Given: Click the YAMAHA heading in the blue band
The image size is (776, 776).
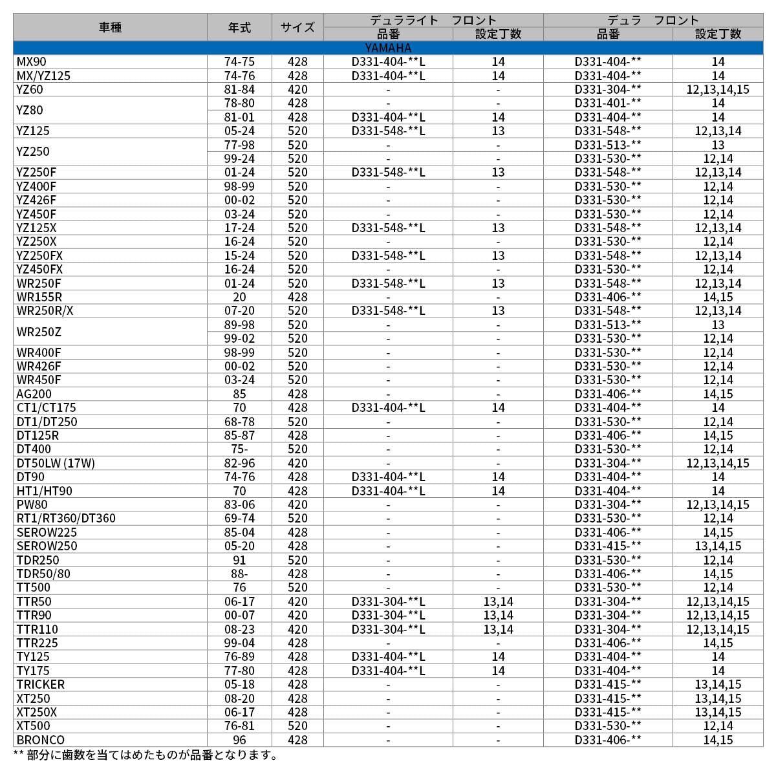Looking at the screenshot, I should click(x=387, y=48).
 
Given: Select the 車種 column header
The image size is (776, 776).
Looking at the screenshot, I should click(x=110, y=27).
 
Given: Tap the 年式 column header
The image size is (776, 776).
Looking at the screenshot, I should click(x=239, y=27).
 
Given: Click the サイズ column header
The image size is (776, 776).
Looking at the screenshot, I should click(x=297, y=27).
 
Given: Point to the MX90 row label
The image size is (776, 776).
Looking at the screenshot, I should click(x=32, y=61).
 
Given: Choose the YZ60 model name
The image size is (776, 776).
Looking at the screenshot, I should click(x=30, y=89).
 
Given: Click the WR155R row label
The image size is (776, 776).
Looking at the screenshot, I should click(x=39, y=297).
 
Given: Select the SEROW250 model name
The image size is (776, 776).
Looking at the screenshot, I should click(x=47, y=546).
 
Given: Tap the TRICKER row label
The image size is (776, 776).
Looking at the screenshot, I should click(x=40, y=684).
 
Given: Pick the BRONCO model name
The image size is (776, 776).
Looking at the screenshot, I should click(x=40, y=740).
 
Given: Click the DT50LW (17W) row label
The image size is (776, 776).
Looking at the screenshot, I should click(x=56, y=463).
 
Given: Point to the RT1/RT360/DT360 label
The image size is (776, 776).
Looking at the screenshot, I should click(x=66, y=518).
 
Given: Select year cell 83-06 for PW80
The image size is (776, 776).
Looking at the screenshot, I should click(x=239, y=504).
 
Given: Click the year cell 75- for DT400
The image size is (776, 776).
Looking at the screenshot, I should click(x=239, y=449).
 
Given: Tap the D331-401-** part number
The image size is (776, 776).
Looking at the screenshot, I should click(x=608, y=103).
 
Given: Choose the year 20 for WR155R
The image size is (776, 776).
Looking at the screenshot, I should click(x=239, y=297).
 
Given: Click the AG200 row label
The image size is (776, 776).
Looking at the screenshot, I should click(x=34, y=394).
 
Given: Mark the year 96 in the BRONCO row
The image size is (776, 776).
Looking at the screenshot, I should click(x=239, y=740).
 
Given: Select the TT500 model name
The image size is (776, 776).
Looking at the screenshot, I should click(x=33, y=587).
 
